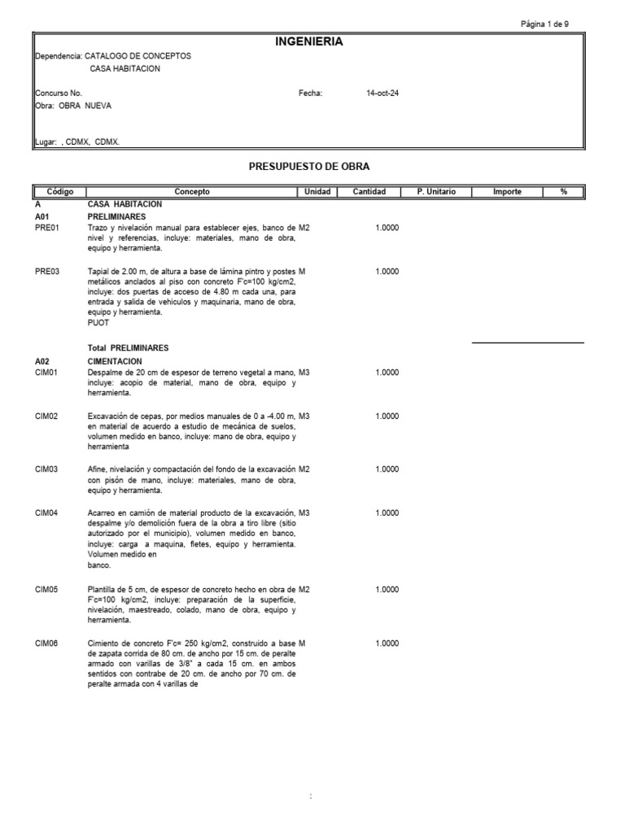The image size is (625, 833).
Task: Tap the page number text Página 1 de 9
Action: pyautogui.click(x=544, y=24)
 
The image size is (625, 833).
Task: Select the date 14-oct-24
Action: pyautogui.click(x=382, y=94)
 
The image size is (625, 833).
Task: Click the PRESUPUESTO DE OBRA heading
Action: pyautogui.click(x=308, y=166)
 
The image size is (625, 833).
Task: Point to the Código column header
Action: pyautogui.click(x=59, y=192)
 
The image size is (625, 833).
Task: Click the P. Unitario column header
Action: pyautogui.click(x=436, y=192)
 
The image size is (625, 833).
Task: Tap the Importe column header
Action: pyautogui.click(x=507, y=192)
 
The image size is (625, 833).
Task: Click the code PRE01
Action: pyautogui.click(x=47, y=229)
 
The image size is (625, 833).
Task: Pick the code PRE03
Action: pyautogui.click(x=47, y=271)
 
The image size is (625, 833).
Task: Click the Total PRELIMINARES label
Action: pyautogui.click(x=128, y=347)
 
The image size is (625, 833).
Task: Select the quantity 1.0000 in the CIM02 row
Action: pyautogui.click(x=387, y=416)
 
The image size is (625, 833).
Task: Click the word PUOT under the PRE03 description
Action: pyautogui.click(x=98, y=323)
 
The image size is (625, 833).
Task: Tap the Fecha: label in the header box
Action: pyautogui.click(x=311, y=94)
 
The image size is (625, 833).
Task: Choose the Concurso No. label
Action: pyautogui.click(x=59, y=94)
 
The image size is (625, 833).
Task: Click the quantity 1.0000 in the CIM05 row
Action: pyautogui.click(x=387, y=589)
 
